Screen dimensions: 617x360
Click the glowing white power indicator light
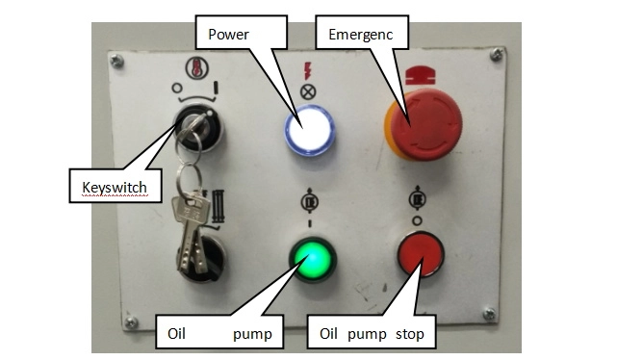click(x=309, y=130)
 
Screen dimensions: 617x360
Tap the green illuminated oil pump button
click(x=313, y=259)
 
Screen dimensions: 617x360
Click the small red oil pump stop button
click(x=421, y=254)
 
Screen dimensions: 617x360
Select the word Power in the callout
click(x=229, y=35)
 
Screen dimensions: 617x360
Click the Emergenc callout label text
click(x=360, y=35)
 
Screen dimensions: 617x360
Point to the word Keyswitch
click(x=115, y=188)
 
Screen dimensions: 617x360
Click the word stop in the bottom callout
click(x=410, y=334)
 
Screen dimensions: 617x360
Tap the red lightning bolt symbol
click(x=307, y=70)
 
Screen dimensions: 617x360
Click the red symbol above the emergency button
click(x=421, y=75)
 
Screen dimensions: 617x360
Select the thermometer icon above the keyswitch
click(x=196, y=68)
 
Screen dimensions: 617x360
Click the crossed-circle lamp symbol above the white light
click(x=308, y=92)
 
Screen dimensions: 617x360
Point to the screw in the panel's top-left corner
click(x=116, y=61)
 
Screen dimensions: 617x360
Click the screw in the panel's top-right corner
click(x=497, y=54)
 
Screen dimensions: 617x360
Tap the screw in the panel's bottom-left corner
click(x=131, y=322)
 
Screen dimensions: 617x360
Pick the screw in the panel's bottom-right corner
click(x=489, y=314)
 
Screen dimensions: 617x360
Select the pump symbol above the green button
click(x=309, y=201)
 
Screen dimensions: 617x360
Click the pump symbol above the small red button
click(x=417, y=198)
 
